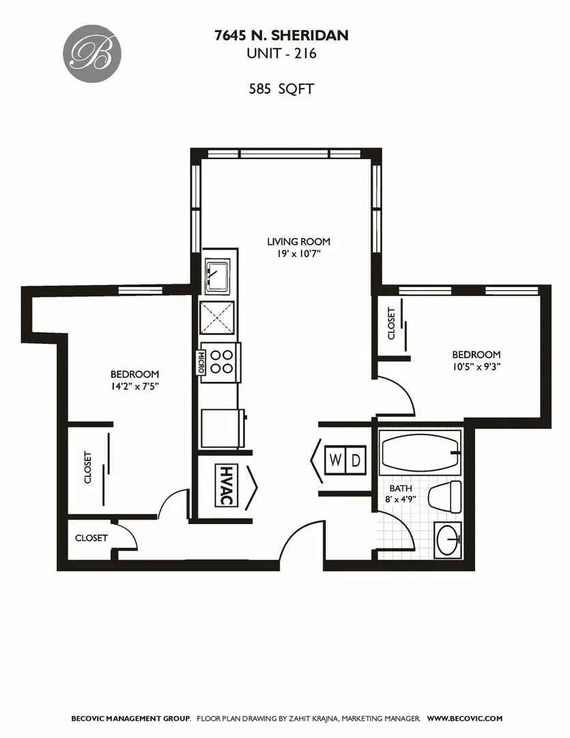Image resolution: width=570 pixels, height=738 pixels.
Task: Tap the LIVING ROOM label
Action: pyautogui.click(x=298, y=241)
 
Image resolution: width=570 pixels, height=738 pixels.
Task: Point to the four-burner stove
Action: pyautogui.click(x=220, y=361)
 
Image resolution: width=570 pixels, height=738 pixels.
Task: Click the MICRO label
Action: pyautogui.click(x=201, y=361)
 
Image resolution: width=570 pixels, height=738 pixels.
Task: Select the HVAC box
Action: pyautogui.click(x=225, y=486)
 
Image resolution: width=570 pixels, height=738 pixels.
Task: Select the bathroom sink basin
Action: pyautogui.click(x=448, y=540)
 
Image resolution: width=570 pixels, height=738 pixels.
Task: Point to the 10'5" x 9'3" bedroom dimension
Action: pyautogui.click(x=476, y=366)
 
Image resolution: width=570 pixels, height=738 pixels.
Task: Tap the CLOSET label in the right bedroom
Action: pyautogui.click(x=391, y=324)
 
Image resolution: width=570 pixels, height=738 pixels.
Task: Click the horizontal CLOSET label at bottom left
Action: pyautogui.click(x=91, y=538)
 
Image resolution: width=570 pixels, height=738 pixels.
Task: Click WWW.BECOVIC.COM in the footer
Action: pyautogui.click(x=464, y=718)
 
